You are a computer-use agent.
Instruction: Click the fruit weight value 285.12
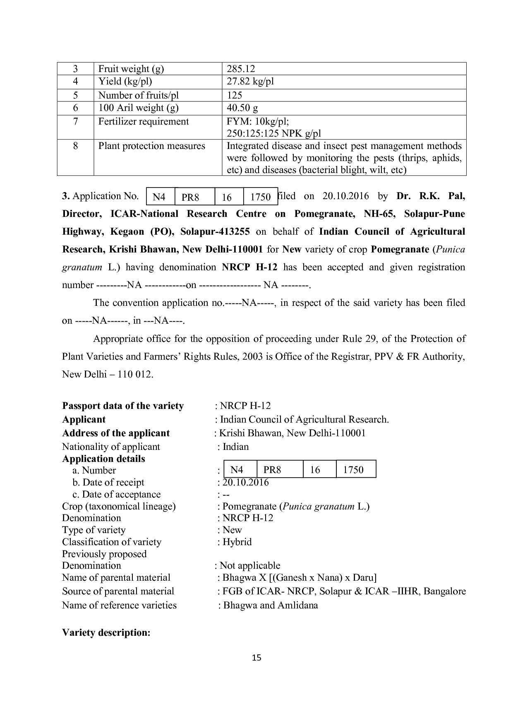pos(241,69)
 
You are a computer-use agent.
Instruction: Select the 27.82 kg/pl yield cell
pos(250,81)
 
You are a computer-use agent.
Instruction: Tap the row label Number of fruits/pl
pos(138,95)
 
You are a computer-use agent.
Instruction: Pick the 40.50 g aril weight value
pos(242,108)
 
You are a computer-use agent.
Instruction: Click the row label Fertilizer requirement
pos(143,121)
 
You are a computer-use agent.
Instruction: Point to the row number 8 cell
pos(75,146)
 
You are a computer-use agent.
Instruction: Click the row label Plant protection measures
pos(151,146)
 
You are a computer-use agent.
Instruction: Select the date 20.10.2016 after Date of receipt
pos(245,482)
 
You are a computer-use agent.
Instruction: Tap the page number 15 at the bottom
pos(256,658)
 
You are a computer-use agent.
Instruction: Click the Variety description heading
pos(106,632)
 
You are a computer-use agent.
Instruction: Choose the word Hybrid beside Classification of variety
pos(237,542)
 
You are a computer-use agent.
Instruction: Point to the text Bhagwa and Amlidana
pos(271,605)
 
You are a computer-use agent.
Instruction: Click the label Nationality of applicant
pos(111,447)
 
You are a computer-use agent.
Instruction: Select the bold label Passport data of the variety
pos(123,406)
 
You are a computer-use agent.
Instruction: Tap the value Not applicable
pos(250,565)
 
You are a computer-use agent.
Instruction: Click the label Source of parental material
pos(118,591)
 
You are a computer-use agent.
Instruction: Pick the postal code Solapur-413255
pos(215,231)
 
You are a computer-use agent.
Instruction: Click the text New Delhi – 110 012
pos(108,375)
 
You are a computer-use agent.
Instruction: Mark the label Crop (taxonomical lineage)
pos(119,506)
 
